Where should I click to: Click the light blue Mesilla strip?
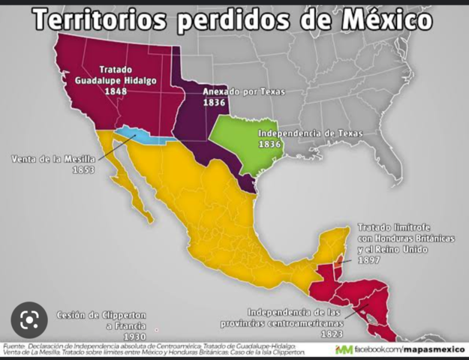[138, 135]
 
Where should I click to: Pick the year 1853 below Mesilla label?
[83, 170]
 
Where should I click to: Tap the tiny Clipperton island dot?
[156, 329]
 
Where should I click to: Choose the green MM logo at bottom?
[344, 349]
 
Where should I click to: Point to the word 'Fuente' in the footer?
[14, 346]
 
